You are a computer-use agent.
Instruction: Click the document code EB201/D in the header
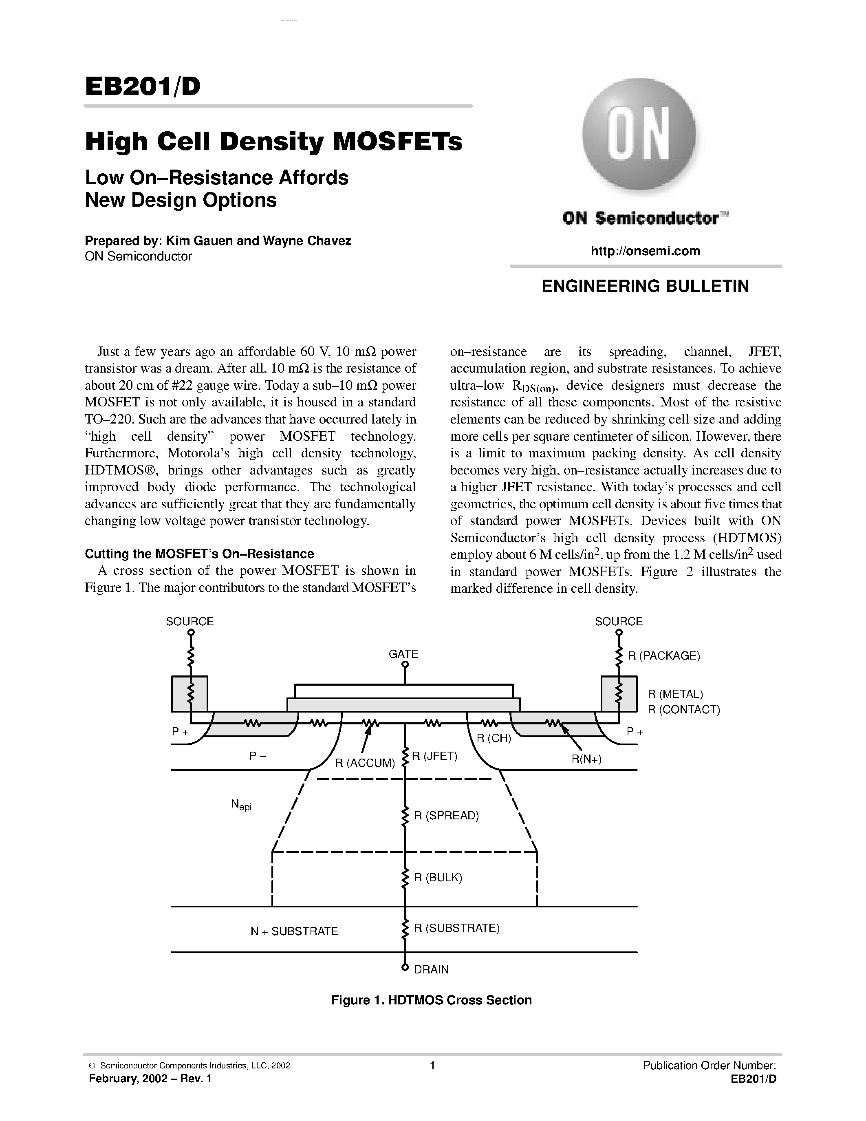(143, 87)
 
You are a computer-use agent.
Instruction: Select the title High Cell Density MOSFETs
(273, 142)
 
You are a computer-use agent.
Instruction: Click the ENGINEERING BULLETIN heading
(646, 286)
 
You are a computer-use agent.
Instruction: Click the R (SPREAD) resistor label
(446, 816)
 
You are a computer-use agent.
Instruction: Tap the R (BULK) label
(438, 877)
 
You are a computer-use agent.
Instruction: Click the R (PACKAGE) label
(664, 655)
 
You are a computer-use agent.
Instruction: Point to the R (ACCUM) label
(365, 763)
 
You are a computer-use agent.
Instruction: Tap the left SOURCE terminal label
(190, 621)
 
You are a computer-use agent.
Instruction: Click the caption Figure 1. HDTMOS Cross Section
(432, 1000)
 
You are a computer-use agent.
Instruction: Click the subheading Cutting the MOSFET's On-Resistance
(199, 553)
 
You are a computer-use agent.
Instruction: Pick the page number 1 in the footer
(432, 1066)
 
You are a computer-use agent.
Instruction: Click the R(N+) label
(586, 759)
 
